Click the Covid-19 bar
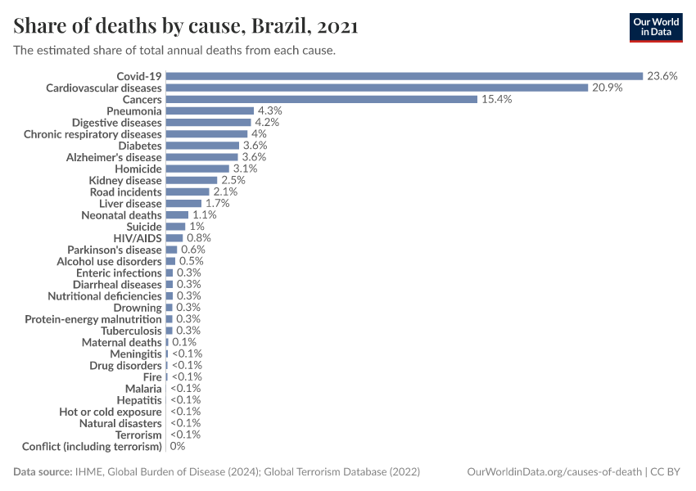pos(404,76)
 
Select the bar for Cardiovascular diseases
pos(377,88)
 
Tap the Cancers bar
pos(321,99)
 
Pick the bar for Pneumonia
pos(210,110)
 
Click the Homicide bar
pos(197,169)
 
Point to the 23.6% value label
pos(662,76)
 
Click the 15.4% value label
pos(496,99)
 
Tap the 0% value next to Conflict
pos(178,447)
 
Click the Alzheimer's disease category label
pos(114,157)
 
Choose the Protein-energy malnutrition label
pos(93,319)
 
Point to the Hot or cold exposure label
pos(110,412)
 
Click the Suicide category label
pos(143,227)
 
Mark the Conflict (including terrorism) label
pos(92,447)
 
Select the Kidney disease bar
pos(191,180)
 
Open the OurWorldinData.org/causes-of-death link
pos(554,472)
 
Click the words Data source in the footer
pos(43,472)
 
